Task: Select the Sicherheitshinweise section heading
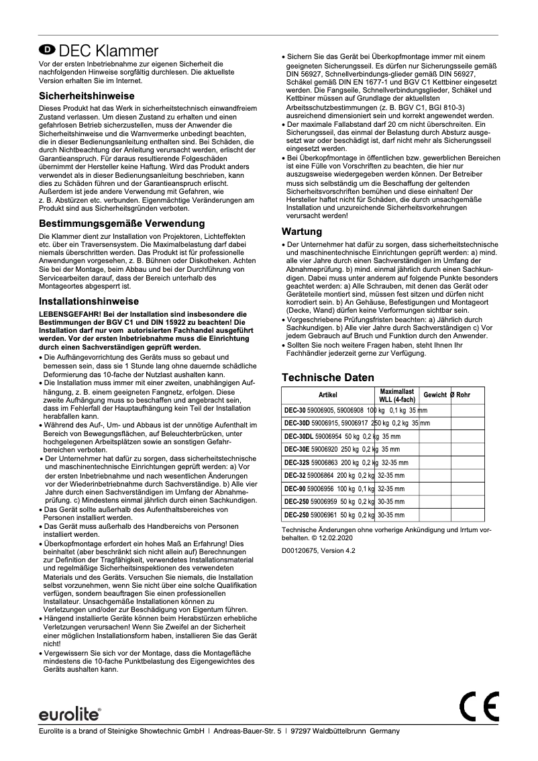coord(87,96)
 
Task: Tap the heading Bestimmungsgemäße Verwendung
coord(122,223)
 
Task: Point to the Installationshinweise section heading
coord(89,301)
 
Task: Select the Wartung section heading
coord(301,232)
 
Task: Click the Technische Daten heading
coord(327,378)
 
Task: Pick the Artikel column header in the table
coord(328,395)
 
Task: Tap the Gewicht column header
coord(435,395)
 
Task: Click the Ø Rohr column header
coord(460,395)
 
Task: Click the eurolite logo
coord(69,711)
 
